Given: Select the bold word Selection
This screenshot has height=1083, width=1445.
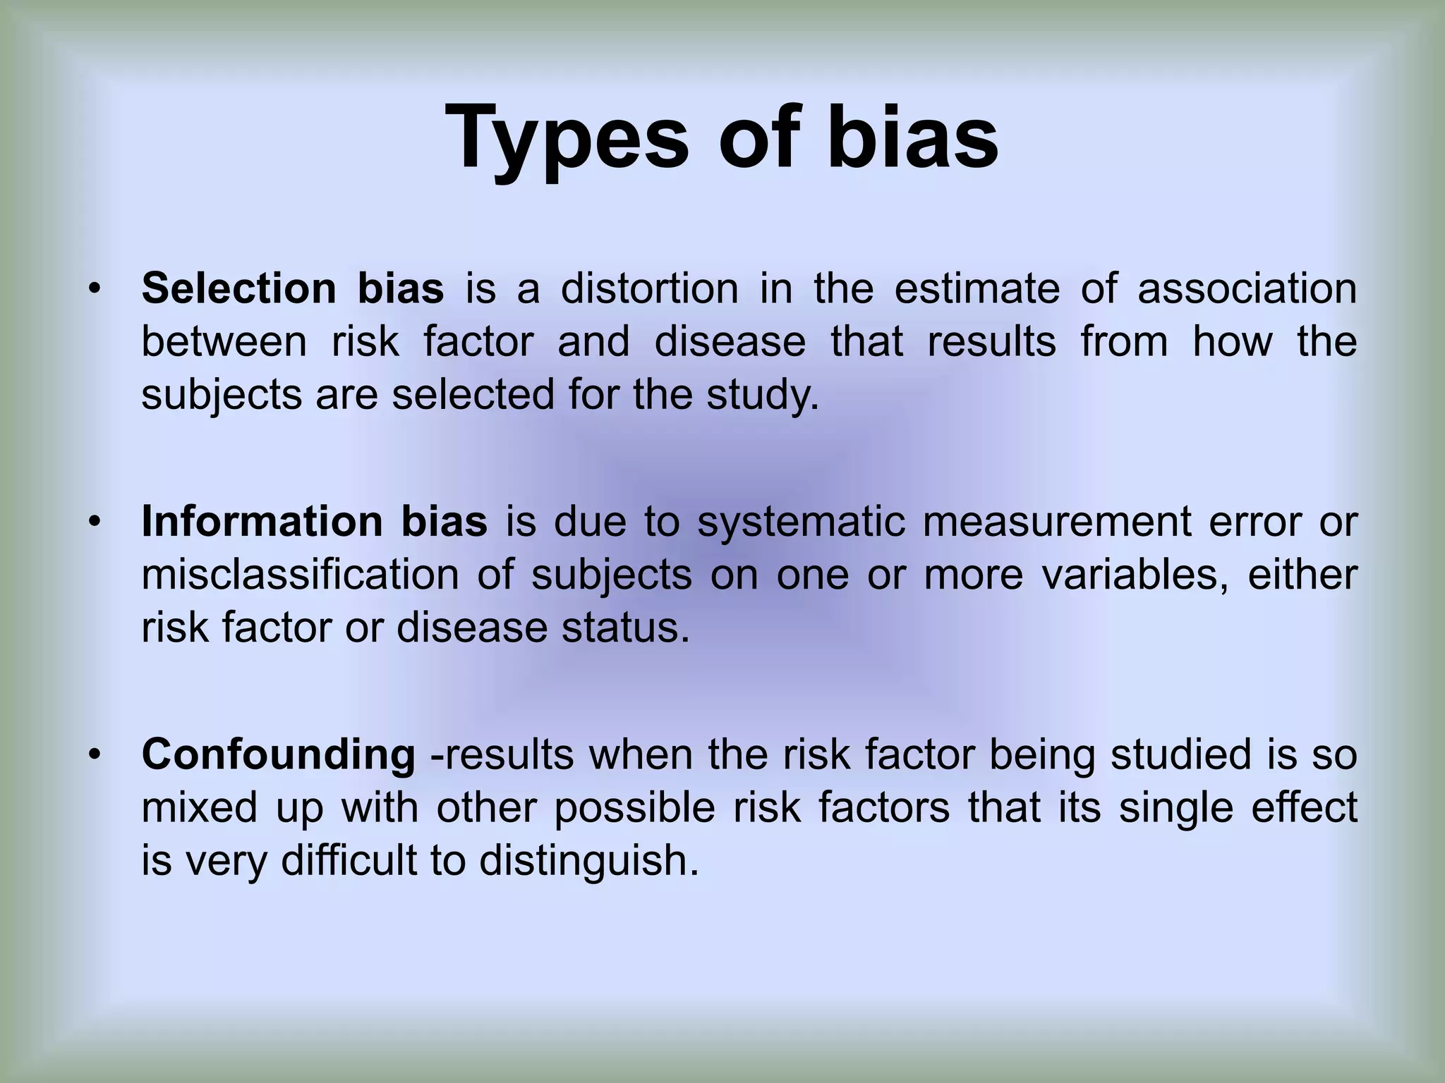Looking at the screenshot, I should click(x=239, y=288).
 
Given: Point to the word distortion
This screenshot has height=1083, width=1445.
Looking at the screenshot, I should click(x=649, y=288).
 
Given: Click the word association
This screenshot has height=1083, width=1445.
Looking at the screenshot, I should click(x=1247, y=288).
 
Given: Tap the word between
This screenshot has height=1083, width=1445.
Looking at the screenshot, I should click(x=224, y=341).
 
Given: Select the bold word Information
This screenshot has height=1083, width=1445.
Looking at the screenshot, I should click(x=262, y=522).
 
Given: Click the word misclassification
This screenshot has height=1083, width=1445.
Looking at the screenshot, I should click(x=300, y=575).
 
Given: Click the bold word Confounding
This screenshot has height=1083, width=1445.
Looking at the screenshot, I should click(x=279, y=754).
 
